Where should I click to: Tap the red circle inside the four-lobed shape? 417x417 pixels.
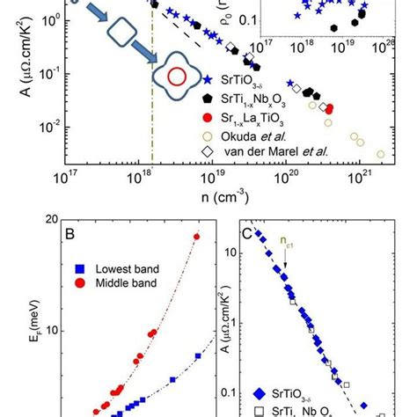coord(177,77)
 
